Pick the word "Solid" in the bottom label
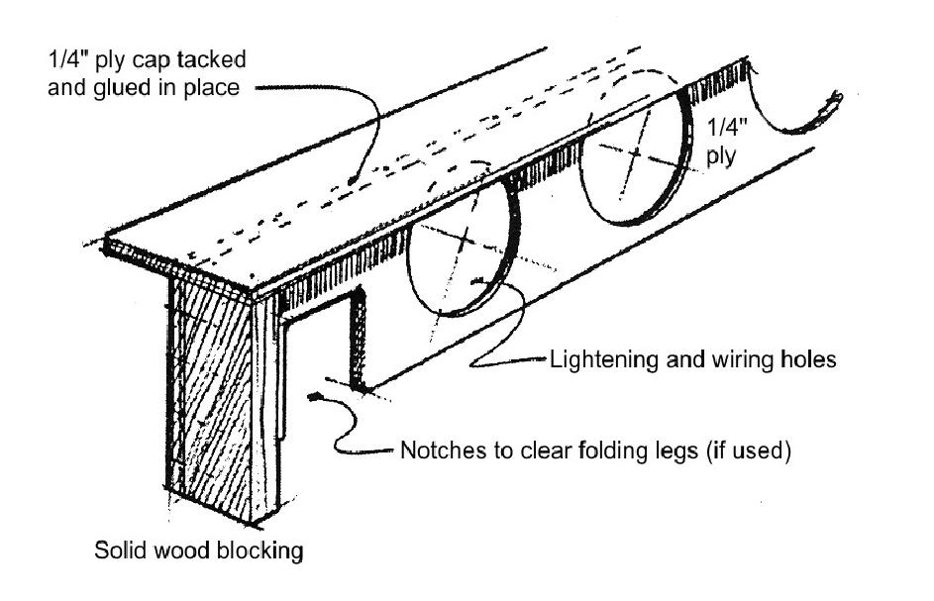click(118, 551)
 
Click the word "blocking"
click(266, 551)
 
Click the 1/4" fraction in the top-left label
click(57, 59)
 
